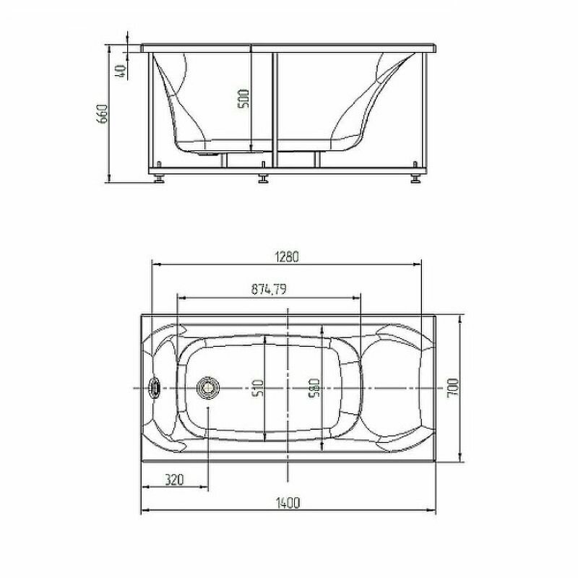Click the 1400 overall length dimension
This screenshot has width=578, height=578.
(x=288, y=503)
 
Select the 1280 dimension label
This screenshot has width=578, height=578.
(x=287, y=256)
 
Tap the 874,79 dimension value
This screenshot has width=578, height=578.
(x=269, y=289)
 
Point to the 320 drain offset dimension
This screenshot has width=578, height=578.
(x=174, y=480)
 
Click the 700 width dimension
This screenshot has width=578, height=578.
(x=453, y=387)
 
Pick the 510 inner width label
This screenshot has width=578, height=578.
(x=259, y=388)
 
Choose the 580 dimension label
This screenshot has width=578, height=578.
(x=314, y=388)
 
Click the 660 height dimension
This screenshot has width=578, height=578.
(x=102, y=113)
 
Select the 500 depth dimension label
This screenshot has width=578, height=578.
(x=243, y=99)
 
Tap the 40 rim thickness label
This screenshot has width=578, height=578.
(x=121, y=71)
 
